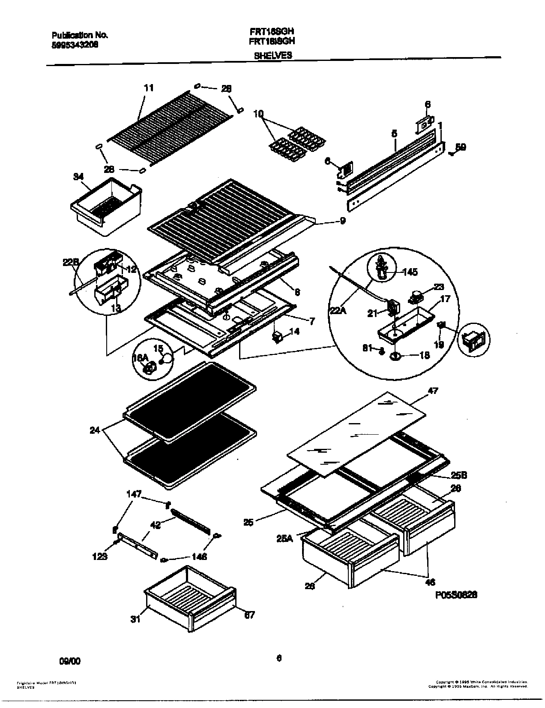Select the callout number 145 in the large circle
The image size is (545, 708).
410,272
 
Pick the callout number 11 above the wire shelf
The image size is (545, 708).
148,88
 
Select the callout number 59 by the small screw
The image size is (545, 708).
460,147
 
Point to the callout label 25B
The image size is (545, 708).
458,475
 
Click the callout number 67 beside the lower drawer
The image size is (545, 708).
249,615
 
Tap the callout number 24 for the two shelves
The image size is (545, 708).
95,430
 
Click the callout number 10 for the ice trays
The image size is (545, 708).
258,114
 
